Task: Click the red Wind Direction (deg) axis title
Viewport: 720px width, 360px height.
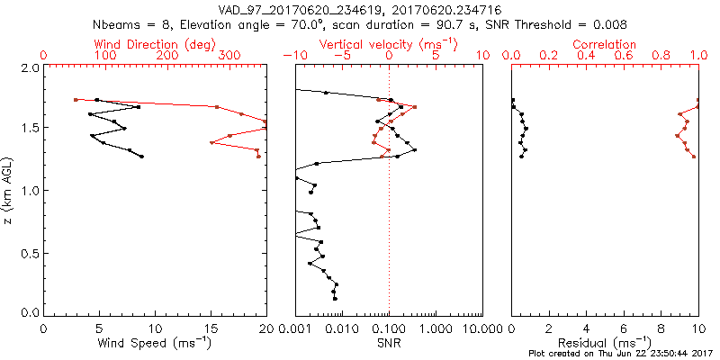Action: (x=156, y=44)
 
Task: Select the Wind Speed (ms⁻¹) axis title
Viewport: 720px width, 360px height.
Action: (x=155, y=343)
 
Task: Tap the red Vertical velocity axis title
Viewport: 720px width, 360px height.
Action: (x=389, y=44)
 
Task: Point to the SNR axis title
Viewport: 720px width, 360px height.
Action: (x=389, y=343)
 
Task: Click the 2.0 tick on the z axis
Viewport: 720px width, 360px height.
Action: (x=30, y=67)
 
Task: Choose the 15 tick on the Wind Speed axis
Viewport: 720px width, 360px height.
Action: (x=211, y=328)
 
